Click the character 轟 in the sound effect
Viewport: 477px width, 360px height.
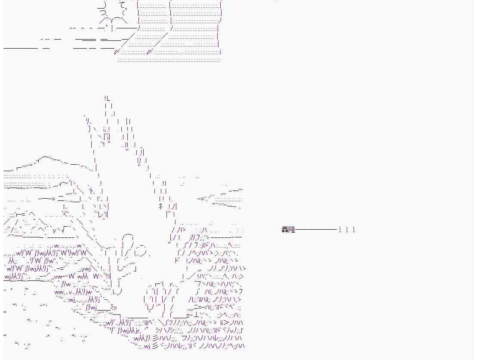285,230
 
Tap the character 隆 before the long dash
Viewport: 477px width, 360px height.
292,230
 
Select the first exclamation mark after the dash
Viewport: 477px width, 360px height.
340,230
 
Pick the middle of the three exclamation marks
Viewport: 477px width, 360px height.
347,230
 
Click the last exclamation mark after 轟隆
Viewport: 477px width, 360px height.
354,230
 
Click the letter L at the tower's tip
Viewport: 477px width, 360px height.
108,98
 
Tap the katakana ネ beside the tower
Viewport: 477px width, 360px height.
160,206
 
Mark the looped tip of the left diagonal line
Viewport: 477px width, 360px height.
116,52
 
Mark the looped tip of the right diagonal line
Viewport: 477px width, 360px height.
149,52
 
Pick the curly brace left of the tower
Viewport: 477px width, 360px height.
89,129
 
